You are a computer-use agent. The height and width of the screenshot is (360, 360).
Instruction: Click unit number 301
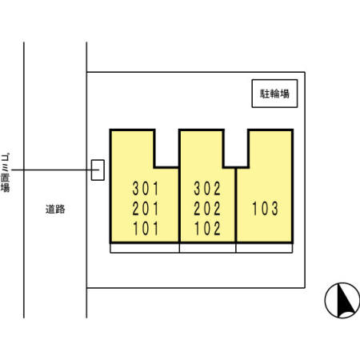pos(146,188)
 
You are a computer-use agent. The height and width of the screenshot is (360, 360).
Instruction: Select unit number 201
pos(146,209)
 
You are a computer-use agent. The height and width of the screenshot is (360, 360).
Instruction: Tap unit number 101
pos(146,229)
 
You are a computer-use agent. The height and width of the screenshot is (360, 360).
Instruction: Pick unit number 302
pos(207,188)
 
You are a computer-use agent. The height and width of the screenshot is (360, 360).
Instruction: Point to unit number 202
pos(207,209)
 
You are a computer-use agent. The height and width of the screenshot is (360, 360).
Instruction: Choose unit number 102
pos(207,229)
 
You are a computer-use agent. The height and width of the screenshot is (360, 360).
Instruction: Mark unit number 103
pos(265,209)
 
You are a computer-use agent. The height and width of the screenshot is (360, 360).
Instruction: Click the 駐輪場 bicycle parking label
pos(274,94)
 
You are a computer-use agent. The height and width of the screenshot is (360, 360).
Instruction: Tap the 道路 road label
pos(55,209)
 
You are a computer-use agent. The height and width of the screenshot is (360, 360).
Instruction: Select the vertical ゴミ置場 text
pos(5,173)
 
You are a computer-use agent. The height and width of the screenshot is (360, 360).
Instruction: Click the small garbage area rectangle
pos(98,170)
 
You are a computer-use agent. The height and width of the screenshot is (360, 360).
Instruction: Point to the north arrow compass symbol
pos(342,300)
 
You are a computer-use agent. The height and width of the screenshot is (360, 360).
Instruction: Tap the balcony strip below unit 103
pos(264,248)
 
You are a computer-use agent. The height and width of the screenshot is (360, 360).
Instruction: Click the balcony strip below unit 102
pos(208,248)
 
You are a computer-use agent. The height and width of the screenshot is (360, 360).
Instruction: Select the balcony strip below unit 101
pos(145,248)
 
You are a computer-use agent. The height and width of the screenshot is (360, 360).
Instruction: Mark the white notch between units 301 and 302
pos(166,148)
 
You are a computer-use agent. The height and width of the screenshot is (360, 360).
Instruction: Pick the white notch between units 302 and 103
pos(236,148)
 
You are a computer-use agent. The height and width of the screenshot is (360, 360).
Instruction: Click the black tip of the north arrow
pos(339,284)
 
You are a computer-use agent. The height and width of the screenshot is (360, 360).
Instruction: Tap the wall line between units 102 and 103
pos(236,205)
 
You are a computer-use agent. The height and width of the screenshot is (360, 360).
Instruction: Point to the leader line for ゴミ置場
pos(55,170)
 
